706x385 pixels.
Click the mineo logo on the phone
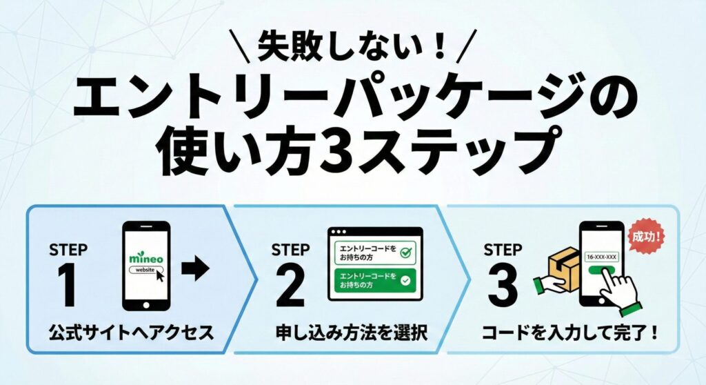(145, 257)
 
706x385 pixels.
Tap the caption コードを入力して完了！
(569, 333)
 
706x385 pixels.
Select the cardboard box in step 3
(563, 266)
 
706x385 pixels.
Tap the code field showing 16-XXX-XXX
(601, 257)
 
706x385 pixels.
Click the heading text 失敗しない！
(352, 47)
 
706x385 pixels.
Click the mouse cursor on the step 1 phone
(161, 276)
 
